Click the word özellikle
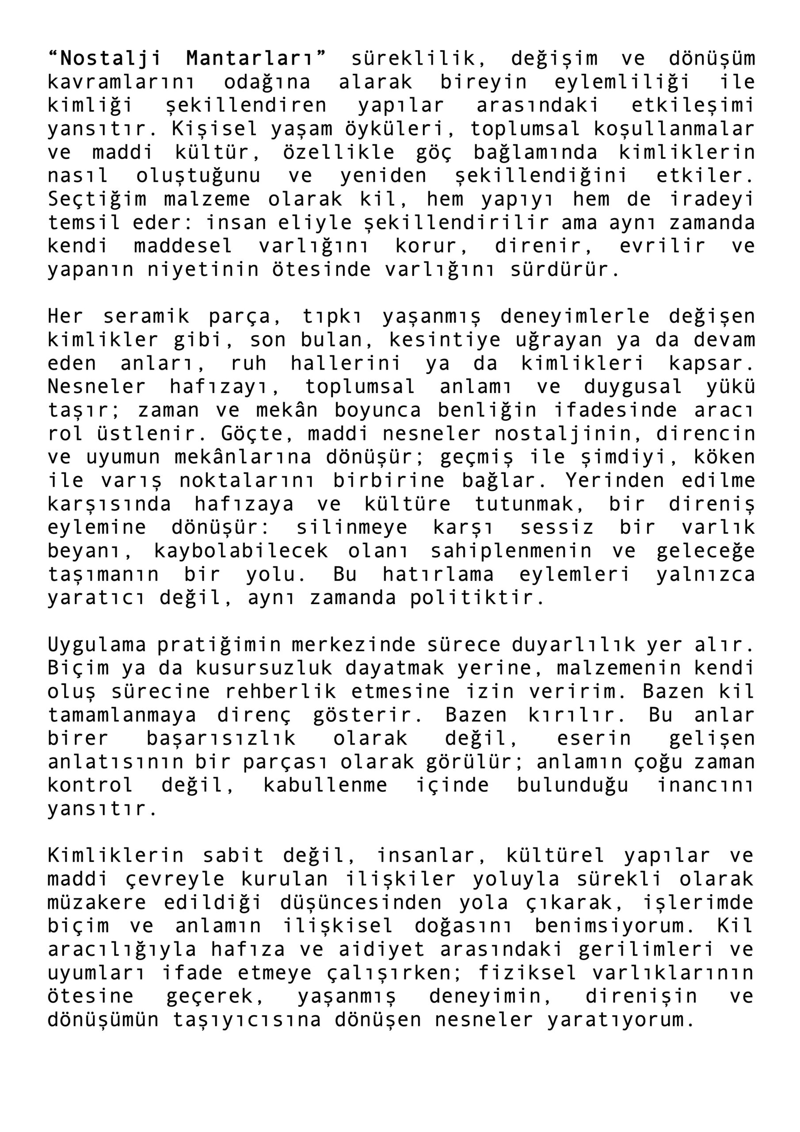click(x=339, y=153)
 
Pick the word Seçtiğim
click(x=97, y=199)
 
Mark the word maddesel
click(x=183, y=246)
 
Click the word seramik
click(x=146, y=317)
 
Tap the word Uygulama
click(x=97, y=645)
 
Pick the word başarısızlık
click(x=221, y=738)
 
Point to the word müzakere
click(x=97, y=903)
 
